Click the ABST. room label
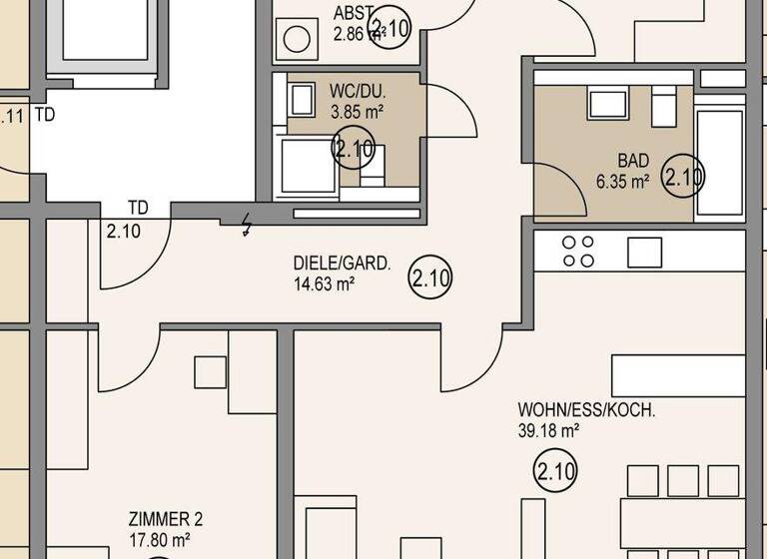354,13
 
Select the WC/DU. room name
357,92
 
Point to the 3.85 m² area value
357,111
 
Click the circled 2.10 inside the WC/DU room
354,149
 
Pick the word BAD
633,161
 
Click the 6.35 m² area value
623,182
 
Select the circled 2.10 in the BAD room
684,178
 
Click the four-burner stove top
578,252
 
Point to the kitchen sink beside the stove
644,252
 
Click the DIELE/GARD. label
342,265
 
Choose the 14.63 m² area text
325,284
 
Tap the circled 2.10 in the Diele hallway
430,279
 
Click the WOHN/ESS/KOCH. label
586,411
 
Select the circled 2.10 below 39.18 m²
556,470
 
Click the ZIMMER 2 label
166,520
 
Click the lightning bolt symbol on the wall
249,226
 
